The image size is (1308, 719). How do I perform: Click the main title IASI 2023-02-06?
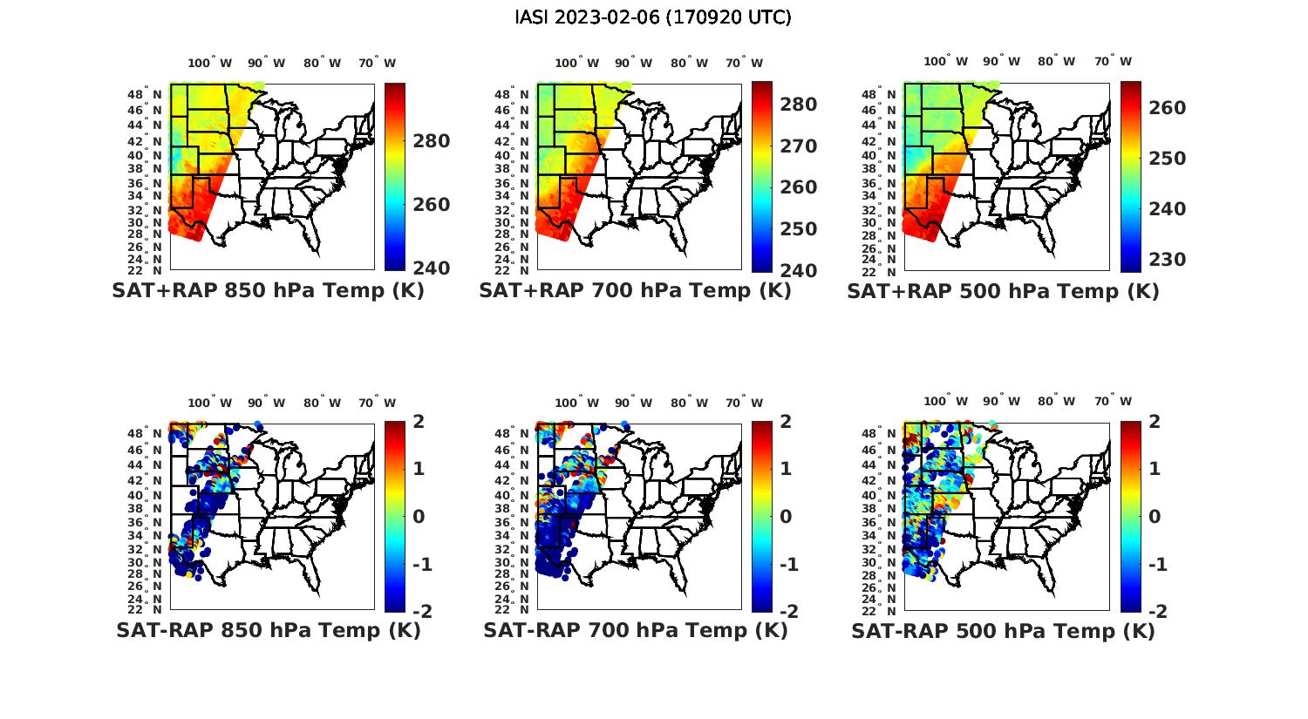pyautogui.click(x=653, y=17)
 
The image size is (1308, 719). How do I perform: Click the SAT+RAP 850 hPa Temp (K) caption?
pyautogui.click(x=268, y=291)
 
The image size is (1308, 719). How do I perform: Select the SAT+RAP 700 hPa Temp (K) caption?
pyautogui.click(x=635, y=291)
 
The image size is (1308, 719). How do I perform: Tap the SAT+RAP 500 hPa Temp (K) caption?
pyautogui.click(x=1003, y=291)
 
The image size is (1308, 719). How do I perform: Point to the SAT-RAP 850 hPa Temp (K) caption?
pyautogui.click(x=268, y=630)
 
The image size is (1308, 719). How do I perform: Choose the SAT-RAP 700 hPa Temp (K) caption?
pyautogui.click(x=635, y=630)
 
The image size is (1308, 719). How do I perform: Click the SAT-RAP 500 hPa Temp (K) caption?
pyautogui.click(x=1003, y=630)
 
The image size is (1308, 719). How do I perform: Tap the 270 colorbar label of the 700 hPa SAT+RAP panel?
pyautogui.click(x=797, y=146)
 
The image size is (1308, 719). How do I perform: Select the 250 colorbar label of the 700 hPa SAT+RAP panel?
pyautogui.click(x=797, y=229)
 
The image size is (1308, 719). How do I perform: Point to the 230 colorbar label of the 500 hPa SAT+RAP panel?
pyautogui.click(x=1166, y=260)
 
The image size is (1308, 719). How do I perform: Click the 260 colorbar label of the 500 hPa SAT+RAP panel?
pyautogui.click(x=1166, y=108)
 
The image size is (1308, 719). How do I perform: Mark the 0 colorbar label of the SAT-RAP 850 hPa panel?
pyautogui.click(x=418, y=517)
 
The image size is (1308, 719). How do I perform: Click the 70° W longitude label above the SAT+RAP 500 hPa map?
pyautogui.click(x=1113, y=62)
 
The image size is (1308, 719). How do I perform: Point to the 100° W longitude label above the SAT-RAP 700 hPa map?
pyautogui.click(x=576, y=403)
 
